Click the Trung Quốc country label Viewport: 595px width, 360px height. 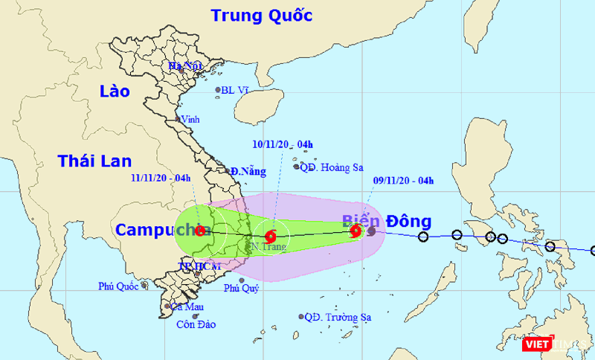click(261, 15)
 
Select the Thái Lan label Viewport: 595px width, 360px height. click(94, 160)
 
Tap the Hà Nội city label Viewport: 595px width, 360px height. click(185, 66)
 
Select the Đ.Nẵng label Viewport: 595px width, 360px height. click(248, 172)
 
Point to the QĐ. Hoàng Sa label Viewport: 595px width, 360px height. click(331, 167)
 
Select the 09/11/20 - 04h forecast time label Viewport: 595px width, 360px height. click(402, 180)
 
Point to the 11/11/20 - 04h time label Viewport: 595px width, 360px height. click(161, 178)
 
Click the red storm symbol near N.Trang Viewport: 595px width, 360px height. click(270, 237)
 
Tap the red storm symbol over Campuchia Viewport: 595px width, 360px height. click(200, 231)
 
